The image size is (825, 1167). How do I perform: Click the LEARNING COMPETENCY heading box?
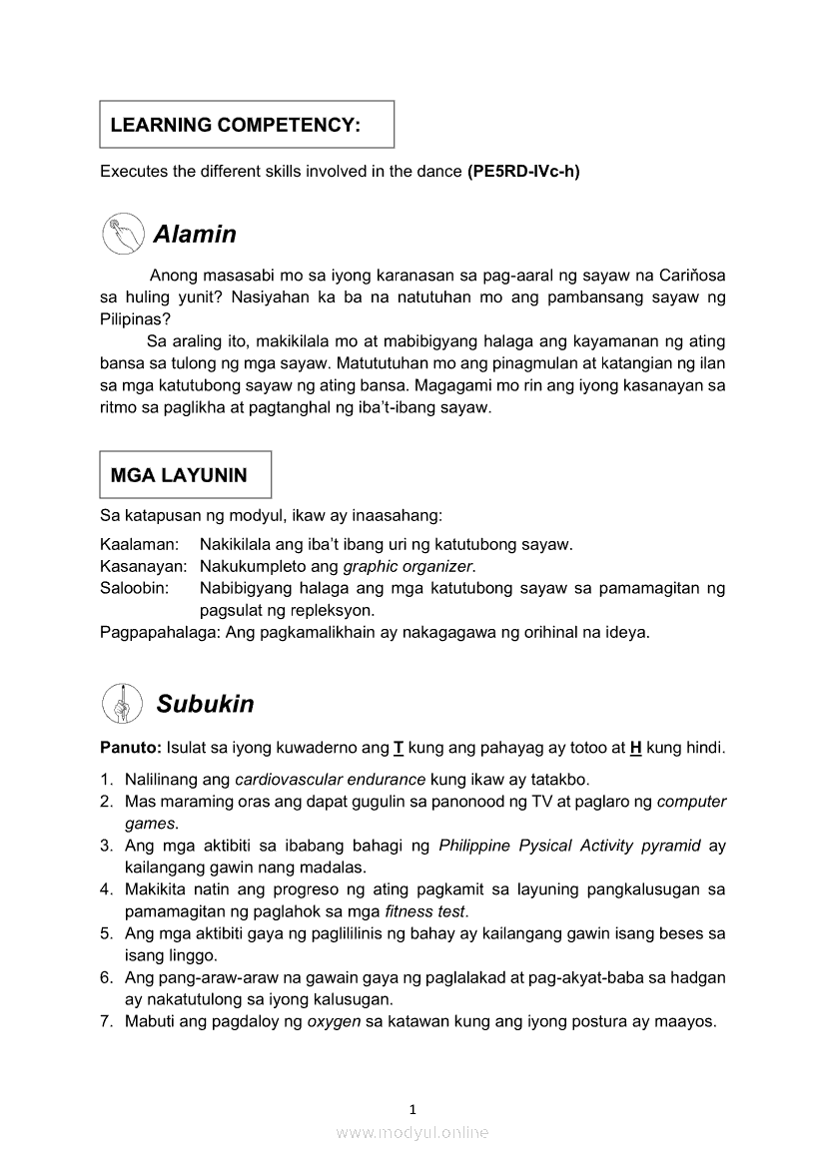click(247, 125)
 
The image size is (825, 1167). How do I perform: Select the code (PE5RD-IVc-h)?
click(523, 171)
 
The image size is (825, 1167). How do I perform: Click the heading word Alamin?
click(195, 235)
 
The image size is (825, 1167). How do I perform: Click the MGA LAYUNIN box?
click(186, 475)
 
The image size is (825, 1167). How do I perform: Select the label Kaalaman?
click(140, 544)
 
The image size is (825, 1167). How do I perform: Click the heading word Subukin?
click(205, 704)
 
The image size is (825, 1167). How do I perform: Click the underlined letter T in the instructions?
click(399, 748)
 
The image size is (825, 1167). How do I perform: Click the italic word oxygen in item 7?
click(334, 1021)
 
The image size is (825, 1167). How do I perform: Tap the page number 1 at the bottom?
click(412, 1108)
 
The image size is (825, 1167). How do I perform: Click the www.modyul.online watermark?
click(412, 1132)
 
